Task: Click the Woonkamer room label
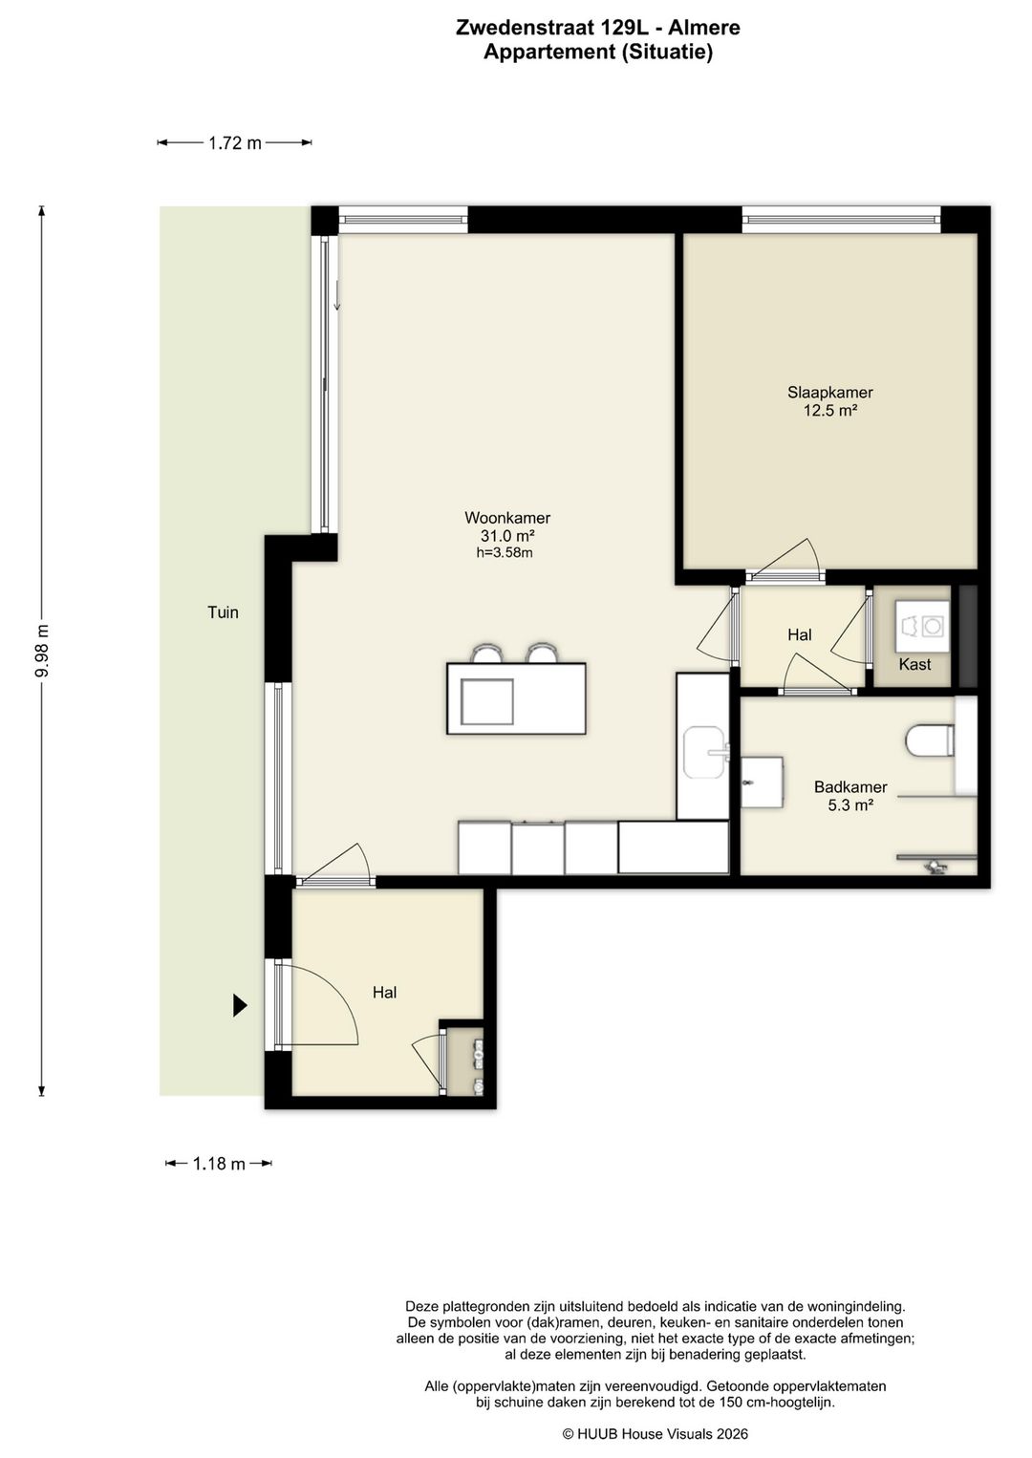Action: pyautogui.click(x=507, y=518)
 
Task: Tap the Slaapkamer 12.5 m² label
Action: pyautogui.click(x=829, y=401)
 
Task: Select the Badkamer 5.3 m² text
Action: pyautogui.click(x=850, y=795)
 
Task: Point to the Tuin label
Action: pyautogui.click(x=223, y=611)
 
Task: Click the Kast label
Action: pyautogui.click(x=914, y=664)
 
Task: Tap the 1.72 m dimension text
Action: pyautogui.click(x=234, y=142)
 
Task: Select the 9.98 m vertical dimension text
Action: pyautogui.click(x=42, y=651)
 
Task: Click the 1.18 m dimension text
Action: pyautogui.click(x=219, y=1163)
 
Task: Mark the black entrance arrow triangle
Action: pyautogui.click(x=240, y=1006)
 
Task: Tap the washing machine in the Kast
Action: pyautogui.click(x=921, y=626)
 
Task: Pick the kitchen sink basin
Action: pyautogui.click(x=704, y=753)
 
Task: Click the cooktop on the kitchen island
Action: pyautogui.click(x=487, y=701)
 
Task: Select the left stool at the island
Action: pyautogui.click(x=487, y=653)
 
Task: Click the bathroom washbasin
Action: pyautogui.click(x=762, y=782)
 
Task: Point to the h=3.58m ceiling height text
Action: pyautogui.click(x=505, y=552)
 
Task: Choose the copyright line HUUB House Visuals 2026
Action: pyautogui.click(x=655, y=1433)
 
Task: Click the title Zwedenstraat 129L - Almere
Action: pyautogui.click(x=598, y=28)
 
